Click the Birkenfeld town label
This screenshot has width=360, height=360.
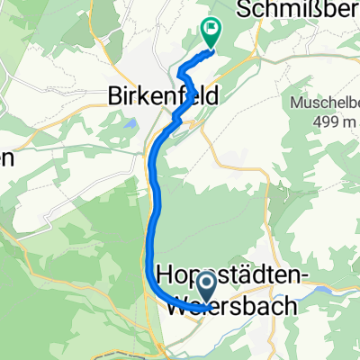pos(156,93)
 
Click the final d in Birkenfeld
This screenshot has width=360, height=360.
pos(202,93)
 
